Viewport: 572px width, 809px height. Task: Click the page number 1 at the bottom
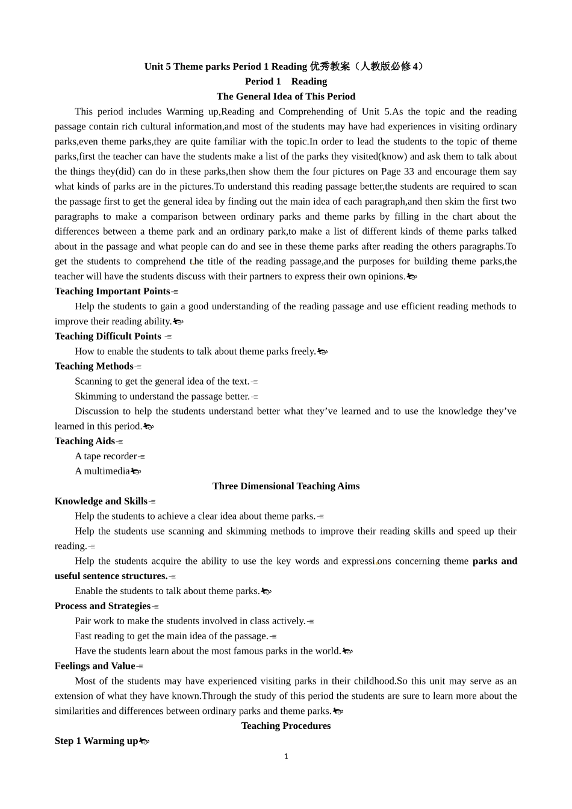[x=286, y=756]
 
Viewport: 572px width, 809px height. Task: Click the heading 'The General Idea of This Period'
[x=286, y=96]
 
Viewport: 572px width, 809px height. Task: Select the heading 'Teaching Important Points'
[x=112, y=291]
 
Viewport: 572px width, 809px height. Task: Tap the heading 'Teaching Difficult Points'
[x=108, y=336]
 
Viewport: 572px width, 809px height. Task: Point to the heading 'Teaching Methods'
[x=94, y=366]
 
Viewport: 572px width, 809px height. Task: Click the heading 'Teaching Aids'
[x=84, y=441]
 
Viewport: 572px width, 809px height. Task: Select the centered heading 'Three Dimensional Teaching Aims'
[x=286, y=486]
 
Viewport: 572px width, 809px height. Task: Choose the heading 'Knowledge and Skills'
[x=101, y=501]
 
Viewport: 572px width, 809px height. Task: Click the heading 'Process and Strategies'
[x=102, y=606]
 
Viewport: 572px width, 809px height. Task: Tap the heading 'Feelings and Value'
[x=95, y=666]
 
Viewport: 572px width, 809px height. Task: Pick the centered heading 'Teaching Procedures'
[x=286, y=726]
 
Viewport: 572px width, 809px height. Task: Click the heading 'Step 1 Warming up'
[x=96, y=741]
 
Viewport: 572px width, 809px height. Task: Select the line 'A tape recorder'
[x=106, y=456]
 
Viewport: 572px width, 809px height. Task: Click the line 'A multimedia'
[x=102, y=471]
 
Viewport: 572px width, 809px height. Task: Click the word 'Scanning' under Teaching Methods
[x=93, y=381]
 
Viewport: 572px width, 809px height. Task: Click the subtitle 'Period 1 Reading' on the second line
[x=286, y=81]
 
